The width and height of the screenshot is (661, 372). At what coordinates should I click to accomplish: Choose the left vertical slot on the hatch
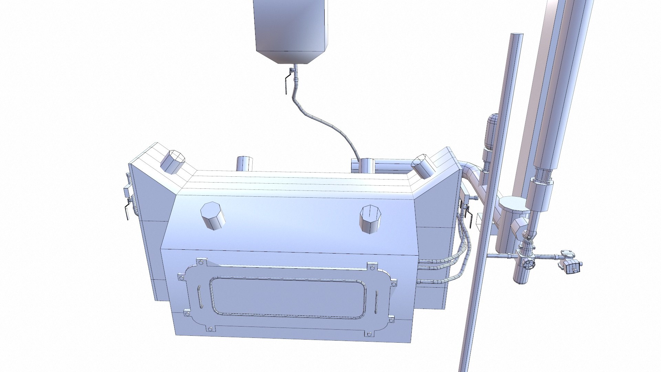pos(199,298)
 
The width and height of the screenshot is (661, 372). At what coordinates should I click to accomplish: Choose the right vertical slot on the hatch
pos(377,302)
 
